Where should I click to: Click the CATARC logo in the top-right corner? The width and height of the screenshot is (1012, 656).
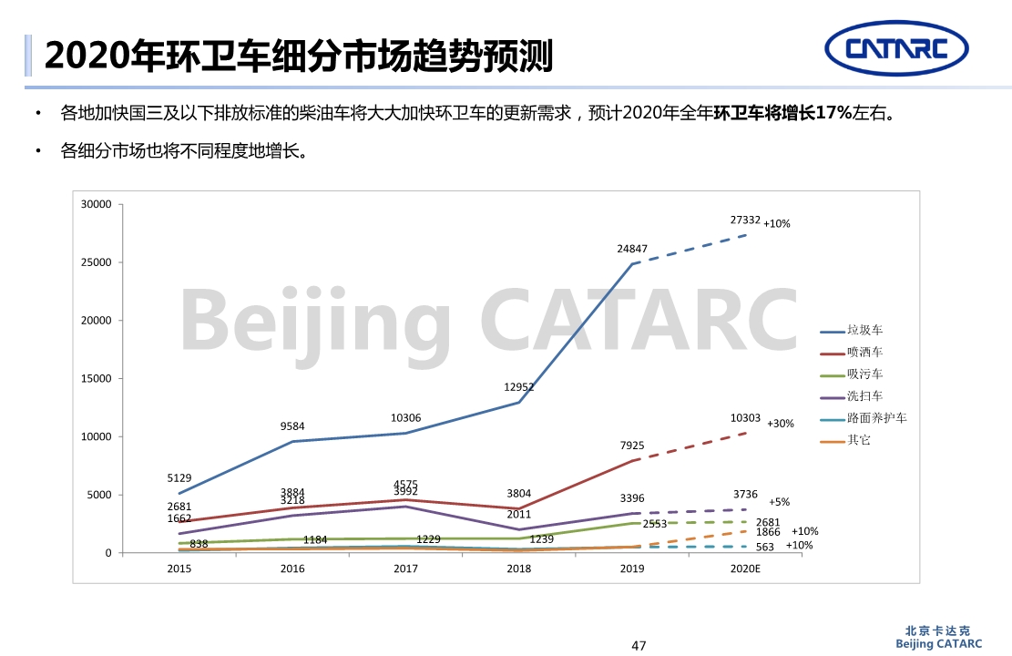(x=896, y=47)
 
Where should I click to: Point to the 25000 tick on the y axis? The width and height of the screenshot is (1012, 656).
(x=96, y=262)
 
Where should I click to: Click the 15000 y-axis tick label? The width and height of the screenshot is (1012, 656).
(x=96, y=379)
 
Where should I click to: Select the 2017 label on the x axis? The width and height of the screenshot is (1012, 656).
(x=405, y=569)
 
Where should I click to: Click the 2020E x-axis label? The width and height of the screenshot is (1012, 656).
(x=745, y=569)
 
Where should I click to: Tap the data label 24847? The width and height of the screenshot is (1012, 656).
(x=631, y=249)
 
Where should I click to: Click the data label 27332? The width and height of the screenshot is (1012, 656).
(x=745, y=220)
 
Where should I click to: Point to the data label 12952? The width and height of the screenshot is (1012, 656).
(x=518, y=386)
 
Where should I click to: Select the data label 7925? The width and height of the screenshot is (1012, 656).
(x=631, y=446)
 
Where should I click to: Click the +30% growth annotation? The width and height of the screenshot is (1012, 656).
(x=780, y=424)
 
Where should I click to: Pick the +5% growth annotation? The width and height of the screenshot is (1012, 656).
(x=779, y=502)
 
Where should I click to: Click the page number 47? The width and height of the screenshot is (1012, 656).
(x=639, y=646)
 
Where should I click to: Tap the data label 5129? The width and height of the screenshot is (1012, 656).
(x=179, y=477)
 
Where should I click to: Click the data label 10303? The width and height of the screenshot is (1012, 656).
(x=745, y=417)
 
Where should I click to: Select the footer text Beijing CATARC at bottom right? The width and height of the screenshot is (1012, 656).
(x=939, y=644)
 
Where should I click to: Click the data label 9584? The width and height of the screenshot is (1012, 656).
(x=292, y=425)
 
